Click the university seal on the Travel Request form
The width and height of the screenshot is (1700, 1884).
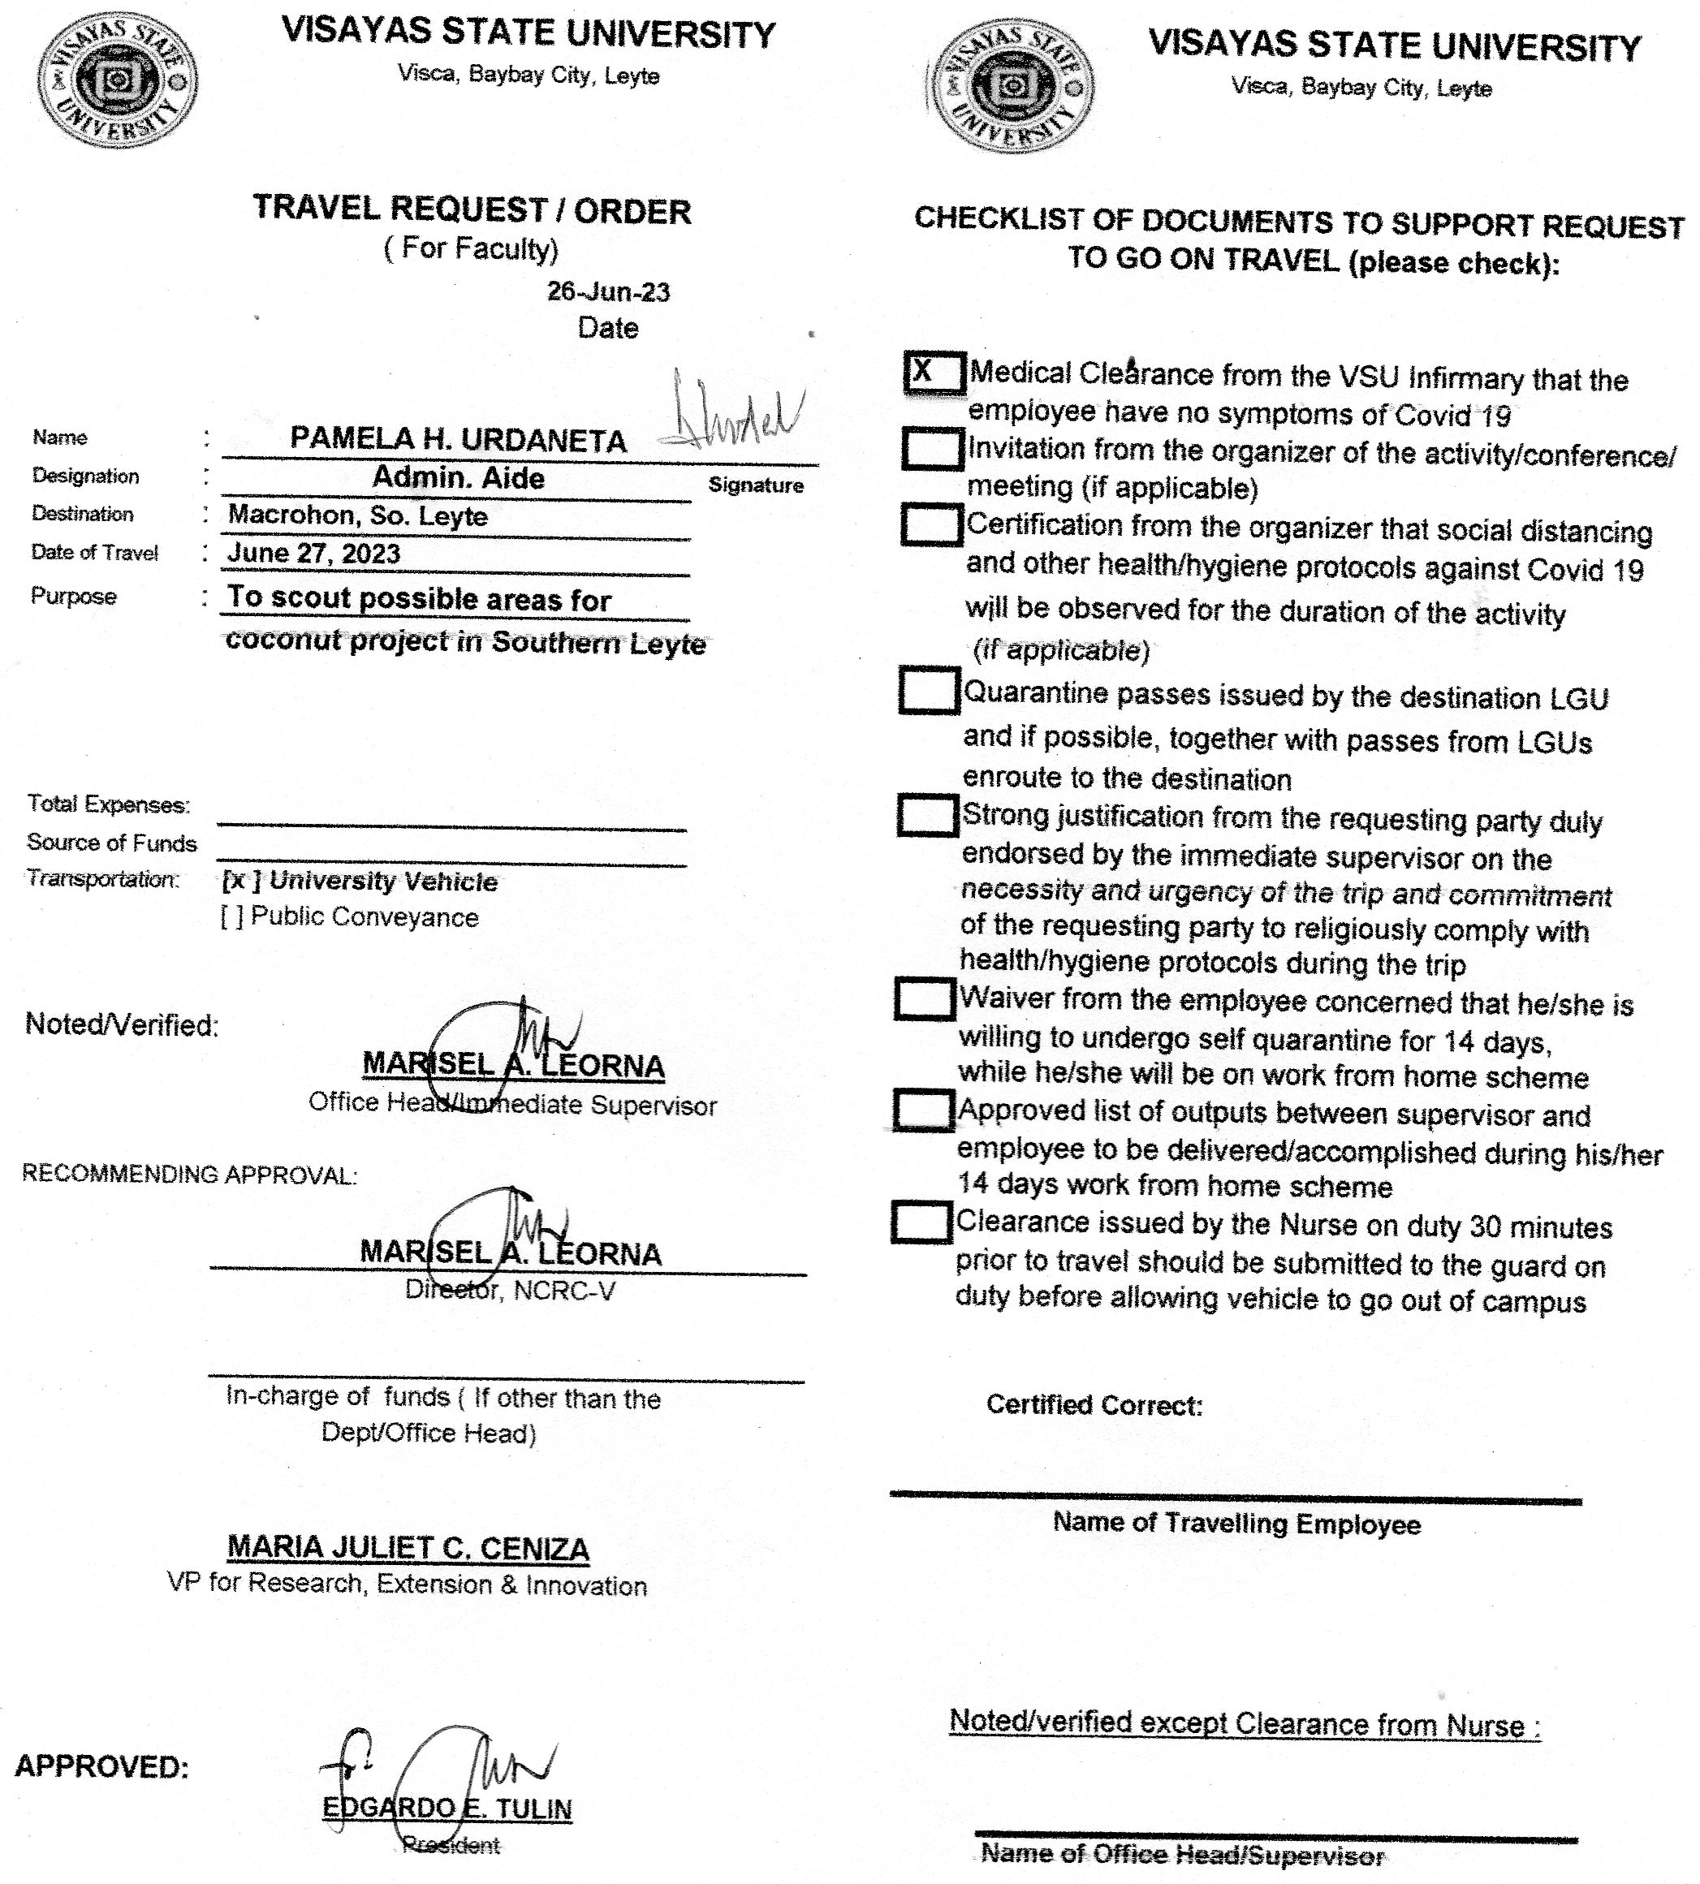pos(117,80)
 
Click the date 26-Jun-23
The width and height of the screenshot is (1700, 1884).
pos(608,292)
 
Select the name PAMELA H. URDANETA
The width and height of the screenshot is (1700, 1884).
pos(458,439)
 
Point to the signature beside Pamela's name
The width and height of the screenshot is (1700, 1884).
pos(733,411)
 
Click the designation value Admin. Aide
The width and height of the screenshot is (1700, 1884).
pos(458,478)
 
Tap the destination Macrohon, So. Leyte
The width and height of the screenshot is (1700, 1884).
pos(358,515)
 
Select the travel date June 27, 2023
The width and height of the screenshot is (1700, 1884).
pos(314,553)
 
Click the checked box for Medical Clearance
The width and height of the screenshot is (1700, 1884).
pos(933,373)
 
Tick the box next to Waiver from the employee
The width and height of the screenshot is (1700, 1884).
pos(925,998)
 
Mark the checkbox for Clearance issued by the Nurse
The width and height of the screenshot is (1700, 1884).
pos(921,1222)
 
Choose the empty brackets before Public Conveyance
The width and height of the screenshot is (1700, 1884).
pos(231,917)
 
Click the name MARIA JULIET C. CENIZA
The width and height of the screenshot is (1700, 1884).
pos(408,1549)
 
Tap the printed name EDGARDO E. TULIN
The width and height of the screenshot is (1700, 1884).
pos(447,1809)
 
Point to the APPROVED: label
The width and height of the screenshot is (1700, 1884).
pos(101,1766)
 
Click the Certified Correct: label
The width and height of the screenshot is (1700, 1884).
pos(1094,1405)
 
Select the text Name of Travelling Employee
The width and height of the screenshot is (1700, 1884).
pos(1236,1524)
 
